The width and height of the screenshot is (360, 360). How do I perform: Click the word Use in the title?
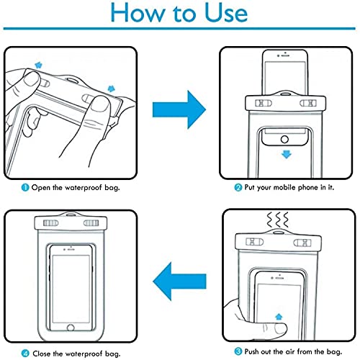(226, 13)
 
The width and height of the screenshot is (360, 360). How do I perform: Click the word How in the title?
(136, 13)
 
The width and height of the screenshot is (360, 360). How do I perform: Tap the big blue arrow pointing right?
(179, 109)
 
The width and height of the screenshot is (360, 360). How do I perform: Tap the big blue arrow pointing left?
(179, 281)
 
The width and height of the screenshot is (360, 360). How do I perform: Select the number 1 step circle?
(25, 187)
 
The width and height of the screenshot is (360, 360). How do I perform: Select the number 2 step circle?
(238, 187)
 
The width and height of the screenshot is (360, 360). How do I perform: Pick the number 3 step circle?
(238, 351)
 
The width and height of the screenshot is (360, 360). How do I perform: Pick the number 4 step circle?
(25, 354)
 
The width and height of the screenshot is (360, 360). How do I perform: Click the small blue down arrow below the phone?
(286, 154)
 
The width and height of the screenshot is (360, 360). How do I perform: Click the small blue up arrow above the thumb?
(279, 317)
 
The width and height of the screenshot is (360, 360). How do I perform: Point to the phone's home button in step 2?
(284, 139)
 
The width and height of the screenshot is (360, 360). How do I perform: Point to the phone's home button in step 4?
(71, 328)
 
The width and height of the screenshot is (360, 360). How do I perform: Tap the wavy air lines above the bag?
(278, 220)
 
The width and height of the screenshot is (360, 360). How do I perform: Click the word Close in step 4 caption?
(42, 354)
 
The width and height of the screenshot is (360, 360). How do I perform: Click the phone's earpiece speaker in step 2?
(285, 55)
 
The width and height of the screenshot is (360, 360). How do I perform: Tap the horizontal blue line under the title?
(179, 29)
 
